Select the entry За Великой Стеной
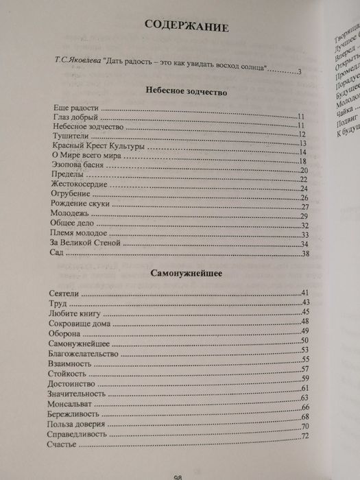coord(86,243)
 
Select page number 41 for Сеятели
coord(306,293)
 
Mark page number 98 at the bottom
coord(177,476)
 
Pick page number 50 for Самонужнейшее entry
coord(306,341)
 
